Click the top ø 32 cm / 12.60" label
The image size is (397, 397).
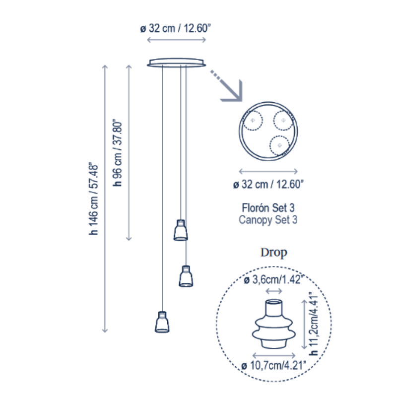coord(176,28)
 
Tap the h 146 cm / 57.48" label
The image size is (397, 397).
coord(93,199)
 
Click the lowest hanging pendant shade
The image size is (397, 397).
coord(162,322)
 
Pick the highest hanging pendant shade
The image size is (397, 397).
coord(181,230)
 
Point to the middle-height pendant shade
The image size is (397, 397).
coord(186,276)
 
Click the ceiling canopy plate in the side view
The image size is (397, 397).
coord(177,63)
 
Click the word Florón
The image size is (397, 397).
coord(255,208)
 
